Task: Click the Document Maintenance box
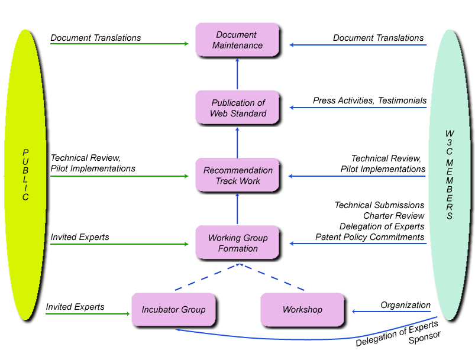(237, 40)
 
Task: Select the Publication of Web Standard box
(237, 108)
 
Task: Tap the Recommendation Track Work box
(237, 175)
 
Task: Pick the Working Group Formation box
(237, 242)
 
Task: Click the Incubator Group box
(173, 309)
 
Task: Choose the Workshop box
(302, 309)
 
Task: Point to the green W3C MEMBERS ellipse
(450, 175)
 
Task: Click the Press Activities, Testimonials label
(370, 100)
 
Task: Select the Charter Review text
(393, 216)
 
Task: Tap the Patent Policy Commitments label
(370, 237)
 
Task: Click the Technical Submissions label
(379, 205)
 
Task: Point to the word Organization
(405, 305)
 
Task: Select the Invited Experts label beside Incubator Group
(75, 307)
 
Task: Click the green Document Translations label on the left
(95, 38)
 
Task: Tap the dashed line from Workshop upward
(272, 278)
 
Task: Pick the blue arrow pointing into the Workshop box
(390, 312)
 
